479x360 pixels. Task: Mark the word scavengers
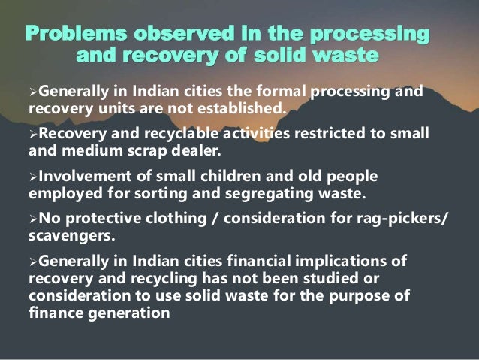pyautogui.click(x=70, y=236)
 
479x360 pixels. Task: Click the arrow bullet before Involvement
pyautogui.click(x=32, y=176)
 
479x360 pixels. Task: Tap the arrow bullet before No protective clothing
pyautogui.click(x=32, y=219)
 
